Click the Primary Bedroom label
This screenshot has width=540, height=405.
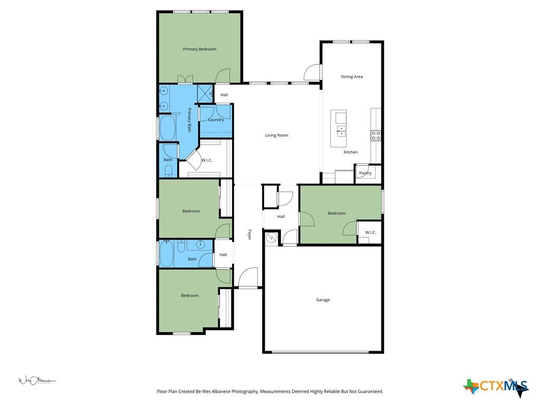(x=199, y=49)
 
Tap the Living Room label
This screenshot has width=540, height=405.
(x=276, y=136)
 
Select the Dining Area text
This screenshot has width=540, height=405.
(x=352, y=77)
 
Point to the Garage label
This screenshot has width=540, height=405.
(x=323, y=300)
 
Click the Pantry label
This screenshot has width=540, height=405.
(x=365, y=173)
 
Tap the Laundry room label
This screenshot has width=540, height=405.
(x=216, y=120)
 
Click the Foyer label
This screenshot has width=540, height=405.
(x=249, y=235)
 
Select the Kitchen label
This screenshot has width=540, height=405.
(x=351, y=152)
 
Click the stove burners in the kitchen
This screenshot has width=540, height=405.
(x=375, y=136)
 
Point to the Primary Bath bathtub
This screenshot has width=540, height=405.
(x=168, y=128)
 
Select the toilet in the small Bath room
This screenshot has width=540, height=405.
(x=168, y=171)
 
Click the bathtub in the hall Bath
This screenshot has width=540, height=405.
(x=166, y=254)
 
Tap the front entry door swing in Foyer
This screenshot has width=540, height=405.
(x=248, y=277)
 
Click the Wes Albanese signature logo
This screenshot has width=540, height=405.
(x=37, y=381)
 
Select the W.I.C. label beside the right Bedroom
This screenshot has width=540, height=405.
(x=370, y=233)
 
